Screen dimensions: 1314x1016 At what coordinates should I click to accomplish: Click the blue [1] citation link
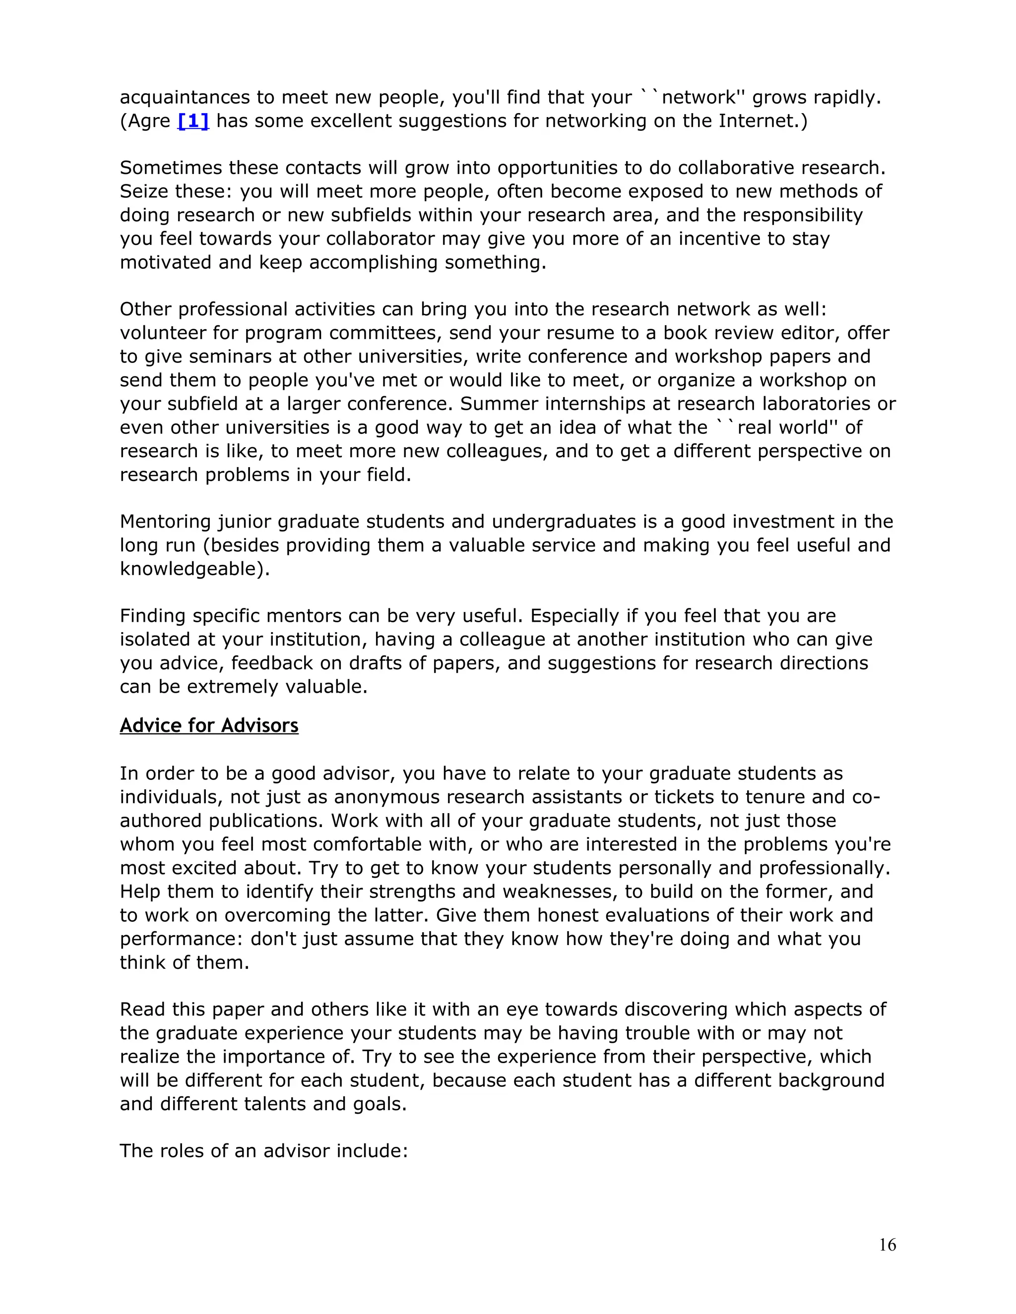(193, 121)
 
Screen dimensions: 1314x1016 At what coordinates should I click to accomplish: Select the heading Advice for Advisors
(209, 725)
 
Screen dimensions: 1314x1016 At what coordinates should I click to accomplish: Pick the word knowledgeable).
(194, 569)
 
